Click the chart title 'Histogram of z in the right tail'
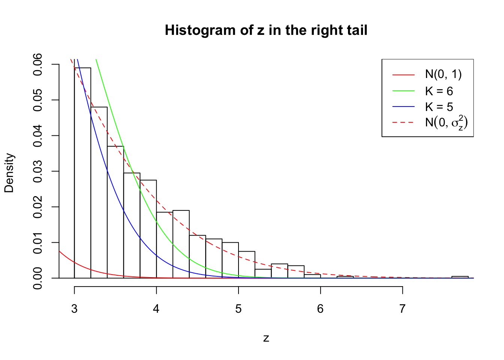[266, 30]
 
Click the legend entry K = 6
[439, 91]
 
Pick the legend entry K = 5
[439, 107]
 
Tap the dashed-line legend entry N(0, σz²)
[446, 123]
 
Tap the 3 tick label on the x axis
[74, 309]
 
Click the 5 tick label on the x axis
[238, 309]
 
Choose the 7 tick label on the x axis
[402, 309]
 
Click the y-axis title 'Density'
[9, 173]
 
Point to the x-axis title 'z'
[266, 338]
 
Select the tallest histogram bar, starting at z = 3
[82, 172]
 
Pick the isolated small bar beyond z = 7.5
[460, 277]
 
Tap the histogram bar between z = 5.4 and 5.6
[279, 271]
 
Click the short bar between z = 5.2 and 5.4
[263, 274]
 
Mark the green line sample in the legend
[403, 91]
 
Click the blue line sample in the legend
[403, 107]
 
